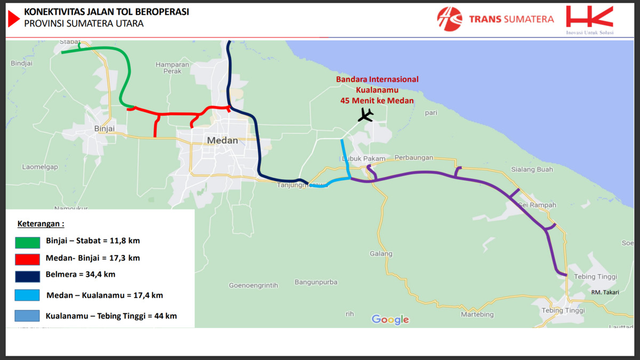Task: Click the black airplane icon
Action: [x=366, y=115]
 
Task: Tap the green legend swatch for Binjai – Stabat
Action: [x=28, y=243]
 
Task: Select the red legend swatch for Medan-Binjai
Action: [x=28, y=259]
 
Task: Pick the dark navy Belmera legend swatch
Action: [x=28, y=276]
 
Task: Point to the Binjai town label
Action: [x=104, y=129]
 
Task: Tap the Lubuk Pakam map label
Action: [x=359, y=158]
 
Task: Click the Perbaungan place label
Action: [x=414, y=158]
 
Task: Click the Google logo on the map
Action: [x=390, y=319]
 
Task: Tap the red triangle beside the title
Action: [x=13, y=18]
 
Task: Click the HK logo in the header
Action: [x=590, y=18]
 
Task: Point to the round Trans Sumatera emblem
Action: [x=450, y=19]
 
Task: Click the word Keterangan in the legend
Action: [x=41, y=223]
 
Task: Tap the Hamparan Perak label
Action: [x=172, y=68]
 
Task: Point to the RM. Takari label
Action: [x=605, y=293]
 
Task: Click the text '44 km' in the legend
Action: [x=165, y=316]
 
